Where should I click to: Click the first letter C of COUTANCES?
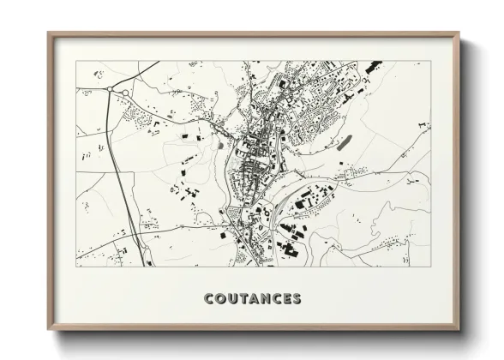(209, 299)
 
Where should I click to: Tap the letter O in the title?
(220, 299)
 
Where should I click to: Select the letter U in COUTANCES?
(232, 299)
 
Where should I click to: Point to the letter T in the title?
(243, 299)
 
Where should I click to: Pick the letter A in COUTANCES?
(254, 299)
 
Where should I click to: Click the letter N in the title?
(266, 299)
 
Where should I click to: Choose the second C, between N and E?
(277, 299)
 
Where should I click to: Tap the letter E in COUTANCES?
(287, 299)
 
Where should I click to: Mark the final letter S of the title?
(297, 299)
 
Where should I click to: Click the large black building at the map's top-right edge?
(373, 67)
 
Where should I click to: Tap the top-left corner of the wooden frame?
(48, 33)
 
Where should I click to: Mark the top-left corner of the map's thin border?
(76, 61)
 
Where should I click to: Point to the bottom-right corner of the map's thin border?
(430, 267)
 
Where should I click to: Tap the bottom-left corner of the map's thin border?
(76, 267)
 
